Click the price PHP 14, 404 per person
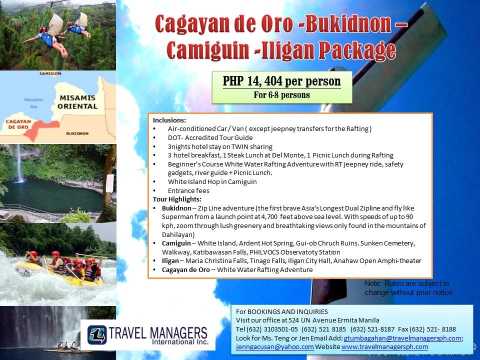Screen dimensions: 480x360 click(x=281, y=81)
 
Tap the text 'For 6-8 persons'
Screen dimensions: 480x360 click(x=281, y=95)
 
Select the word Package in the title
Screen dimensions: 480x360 click(x=357, y=50)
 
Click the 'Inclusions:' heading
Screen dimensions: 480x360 click(x=169, y=120)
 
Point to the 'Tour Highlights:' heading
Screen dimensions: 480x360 click(x=177, y=199)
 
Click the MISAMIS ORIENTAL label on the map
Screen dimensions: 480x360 click(x=77, y=102)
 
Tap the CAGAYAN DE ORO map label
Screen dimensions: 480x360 click(x=18, y=124)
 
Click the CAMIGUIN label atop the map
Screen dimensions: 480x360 click(x=50, y=73)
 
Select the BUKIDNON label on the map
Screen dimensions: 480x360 click(x=77, y=133)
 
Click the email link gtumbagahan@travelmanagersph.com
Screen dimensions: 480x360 click(x=402, y=338)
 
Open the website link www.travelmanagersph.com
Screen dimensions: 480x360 click(x=384, y=347)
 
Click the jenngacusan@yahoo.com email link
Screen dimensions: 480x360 click(x=274, y=347)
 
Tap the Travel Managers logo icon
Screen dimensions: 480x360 click(x=97, y=335)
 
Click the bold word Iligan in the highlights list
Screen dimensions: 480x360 click(x=170, y=261)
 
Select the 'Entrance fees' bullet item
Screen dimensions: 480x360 click(x=188, y=190)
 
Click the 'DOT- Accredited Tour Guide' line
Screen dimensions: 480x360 click(x=210, y=138)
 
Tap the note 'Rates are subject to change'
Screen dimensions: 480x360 click(x=408, y=288)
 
